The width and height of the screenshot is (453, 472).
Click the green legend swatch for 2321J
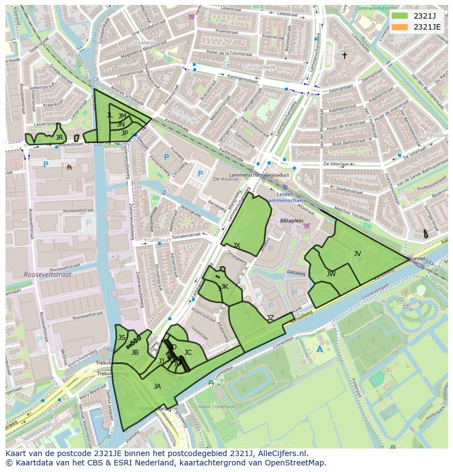click(400, 16)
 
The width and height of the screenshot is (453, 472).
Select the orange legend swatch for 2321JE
click(400, 26)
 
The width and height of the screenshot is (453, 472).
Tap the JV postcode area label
click(357, 253)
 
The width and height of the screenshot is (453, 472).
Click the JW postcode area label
click(331, 274)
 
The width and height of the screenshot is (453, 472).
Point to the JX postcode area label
click(236, 245)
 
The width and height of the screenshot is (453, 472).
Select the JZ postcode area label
click(270, 318)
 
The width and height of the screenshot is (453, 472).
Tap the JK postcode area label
click(224, 286)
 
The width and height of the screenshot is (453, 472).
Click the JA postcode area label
click(157, 386)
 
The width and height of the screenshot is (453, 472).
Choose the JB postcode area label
click(135, 352)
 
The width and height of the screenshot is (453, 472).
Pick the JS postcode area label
click(121, 337)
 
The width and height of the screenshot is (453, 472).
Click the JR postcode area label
click(59, 137)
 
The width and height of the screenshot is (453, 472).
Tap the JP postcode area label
click(125, 133)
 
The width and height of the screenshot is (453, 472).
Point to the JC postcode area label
click(188, 352)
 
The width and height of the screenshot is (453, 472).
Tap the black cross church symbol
click(344, 55)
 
